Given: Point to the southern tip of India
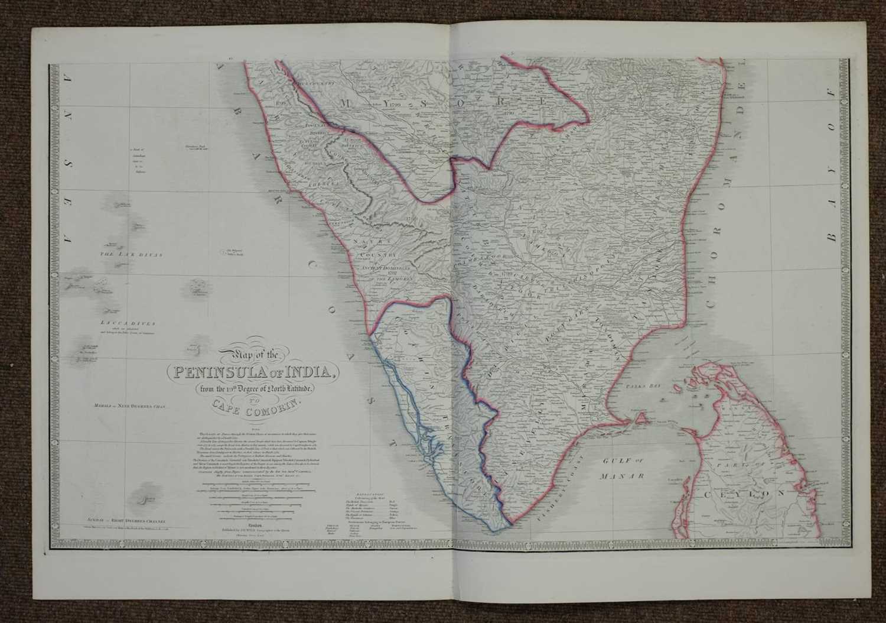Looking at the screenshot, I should pyautogui.click(x=507, y=521).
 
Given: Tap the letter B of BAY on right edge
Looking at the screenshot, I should pyautogui.click(x=833, y=235).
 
